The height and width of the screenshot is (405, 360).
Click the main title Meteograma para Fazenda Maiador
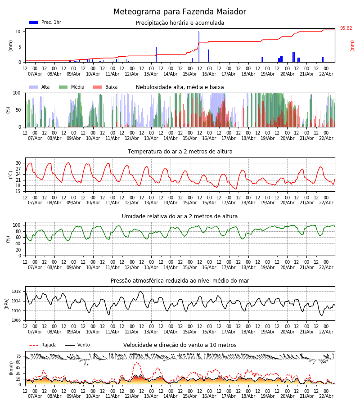tap(180, 12)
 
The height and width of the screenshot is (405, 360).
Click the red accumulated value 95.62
tap(346, 28)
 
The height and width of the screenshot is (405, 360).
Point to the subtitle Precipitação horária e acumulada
tap(180, 23)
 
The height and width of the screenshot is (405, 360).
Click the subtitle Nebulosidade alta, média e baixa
tap(180, 87)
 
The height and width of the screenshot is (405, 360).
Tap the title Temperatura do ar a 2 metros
tap(180, 152)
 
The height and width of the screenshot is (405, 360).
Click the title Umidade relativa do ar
tap(180, 216)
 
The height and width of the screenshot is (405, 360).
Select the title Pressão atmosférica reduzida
tap(180, 281)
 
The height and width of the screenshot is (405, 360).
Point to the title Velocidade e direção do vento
tap(180, 345)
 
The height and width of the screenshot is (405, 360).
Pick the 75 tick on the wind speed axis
tap(18, 356)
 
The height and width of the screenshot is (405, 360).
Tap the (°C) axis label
tap(10, 175)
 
